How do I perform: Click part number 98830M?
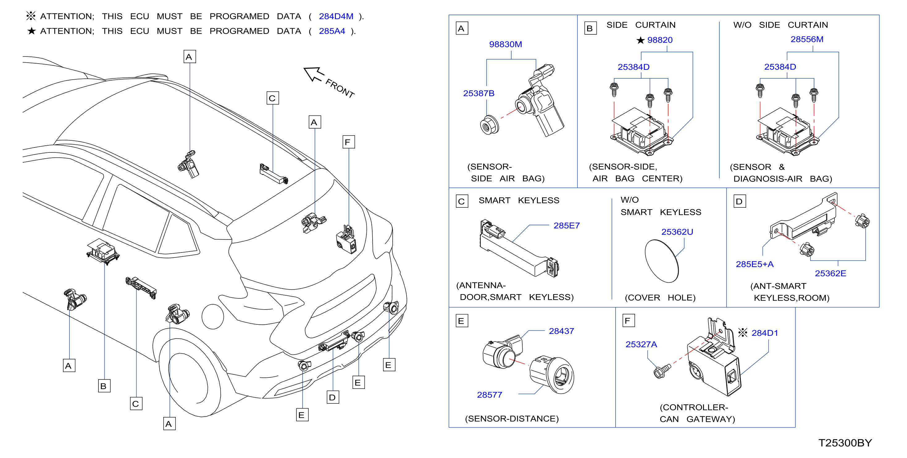(505, 44)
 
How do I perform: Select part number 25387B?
(479, 93)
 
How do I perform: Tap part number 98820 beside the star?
(660, 40)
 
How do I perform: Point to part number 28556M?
(807, 40)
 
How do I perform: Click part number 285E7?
(566, 226)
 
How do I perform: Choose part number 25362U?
(677, 232)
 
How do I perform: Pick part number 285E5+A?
(754, 264)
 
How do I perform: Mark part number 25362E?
(830, 273)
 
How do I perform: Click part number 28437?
(561, 331)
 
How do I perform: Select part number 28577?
(489, 395)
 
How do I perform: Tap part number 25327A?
(641, 345)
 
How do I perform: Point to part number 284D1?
(765, 333)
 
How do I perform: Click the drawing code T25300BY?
(845, 443)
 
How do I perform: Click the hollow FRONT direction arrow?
(313, 74)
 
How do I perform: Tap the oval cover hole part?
(662, 261)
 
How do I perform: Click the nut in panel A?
(489, 125)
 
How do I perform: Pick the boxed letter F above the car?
(349, 142)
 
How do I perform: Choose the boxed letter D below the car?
(333, 398)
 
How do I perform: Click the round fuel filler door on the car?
(213, 316)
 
